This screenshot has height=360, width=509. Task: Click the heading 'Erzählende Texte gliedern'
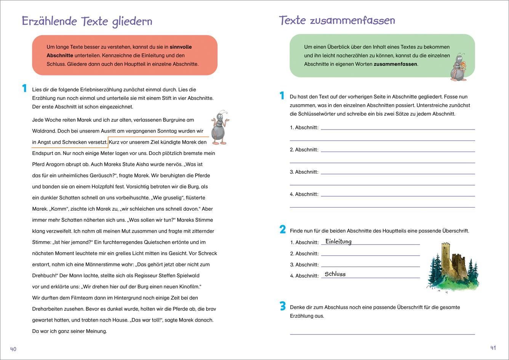click(87, 21)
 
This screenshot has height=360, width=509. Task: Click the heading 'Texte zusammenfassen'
click(337, 20)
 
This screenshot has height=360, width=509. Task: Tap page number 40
click(13, 349)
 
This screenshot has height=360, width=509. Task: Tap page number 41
click(493, 348)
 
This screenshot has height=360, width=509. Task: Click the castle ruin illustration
click(452, 267)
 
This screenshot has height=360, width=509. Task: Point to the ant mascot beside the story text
click(219, 128)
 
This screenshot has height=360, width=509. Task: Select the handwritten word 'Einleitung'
click(338, 242)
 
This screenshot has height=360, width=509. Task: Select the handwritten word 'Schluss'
click(335, 274)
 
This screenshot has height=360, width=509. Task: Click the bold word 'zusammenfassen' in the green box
click(395, 64)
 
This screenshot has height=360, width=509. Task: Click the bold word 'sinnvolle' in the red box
click(181, 47)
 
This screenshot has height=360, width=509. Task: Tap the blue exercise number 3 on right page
click(282, 306)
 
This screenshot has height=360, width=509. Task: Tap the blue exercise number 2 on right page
click(282, 229)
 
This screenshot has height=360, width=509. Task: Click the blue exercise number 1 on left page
click(24, 88)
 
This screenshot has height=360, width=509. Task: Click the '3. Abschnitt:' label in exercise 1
click(304, 172)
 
